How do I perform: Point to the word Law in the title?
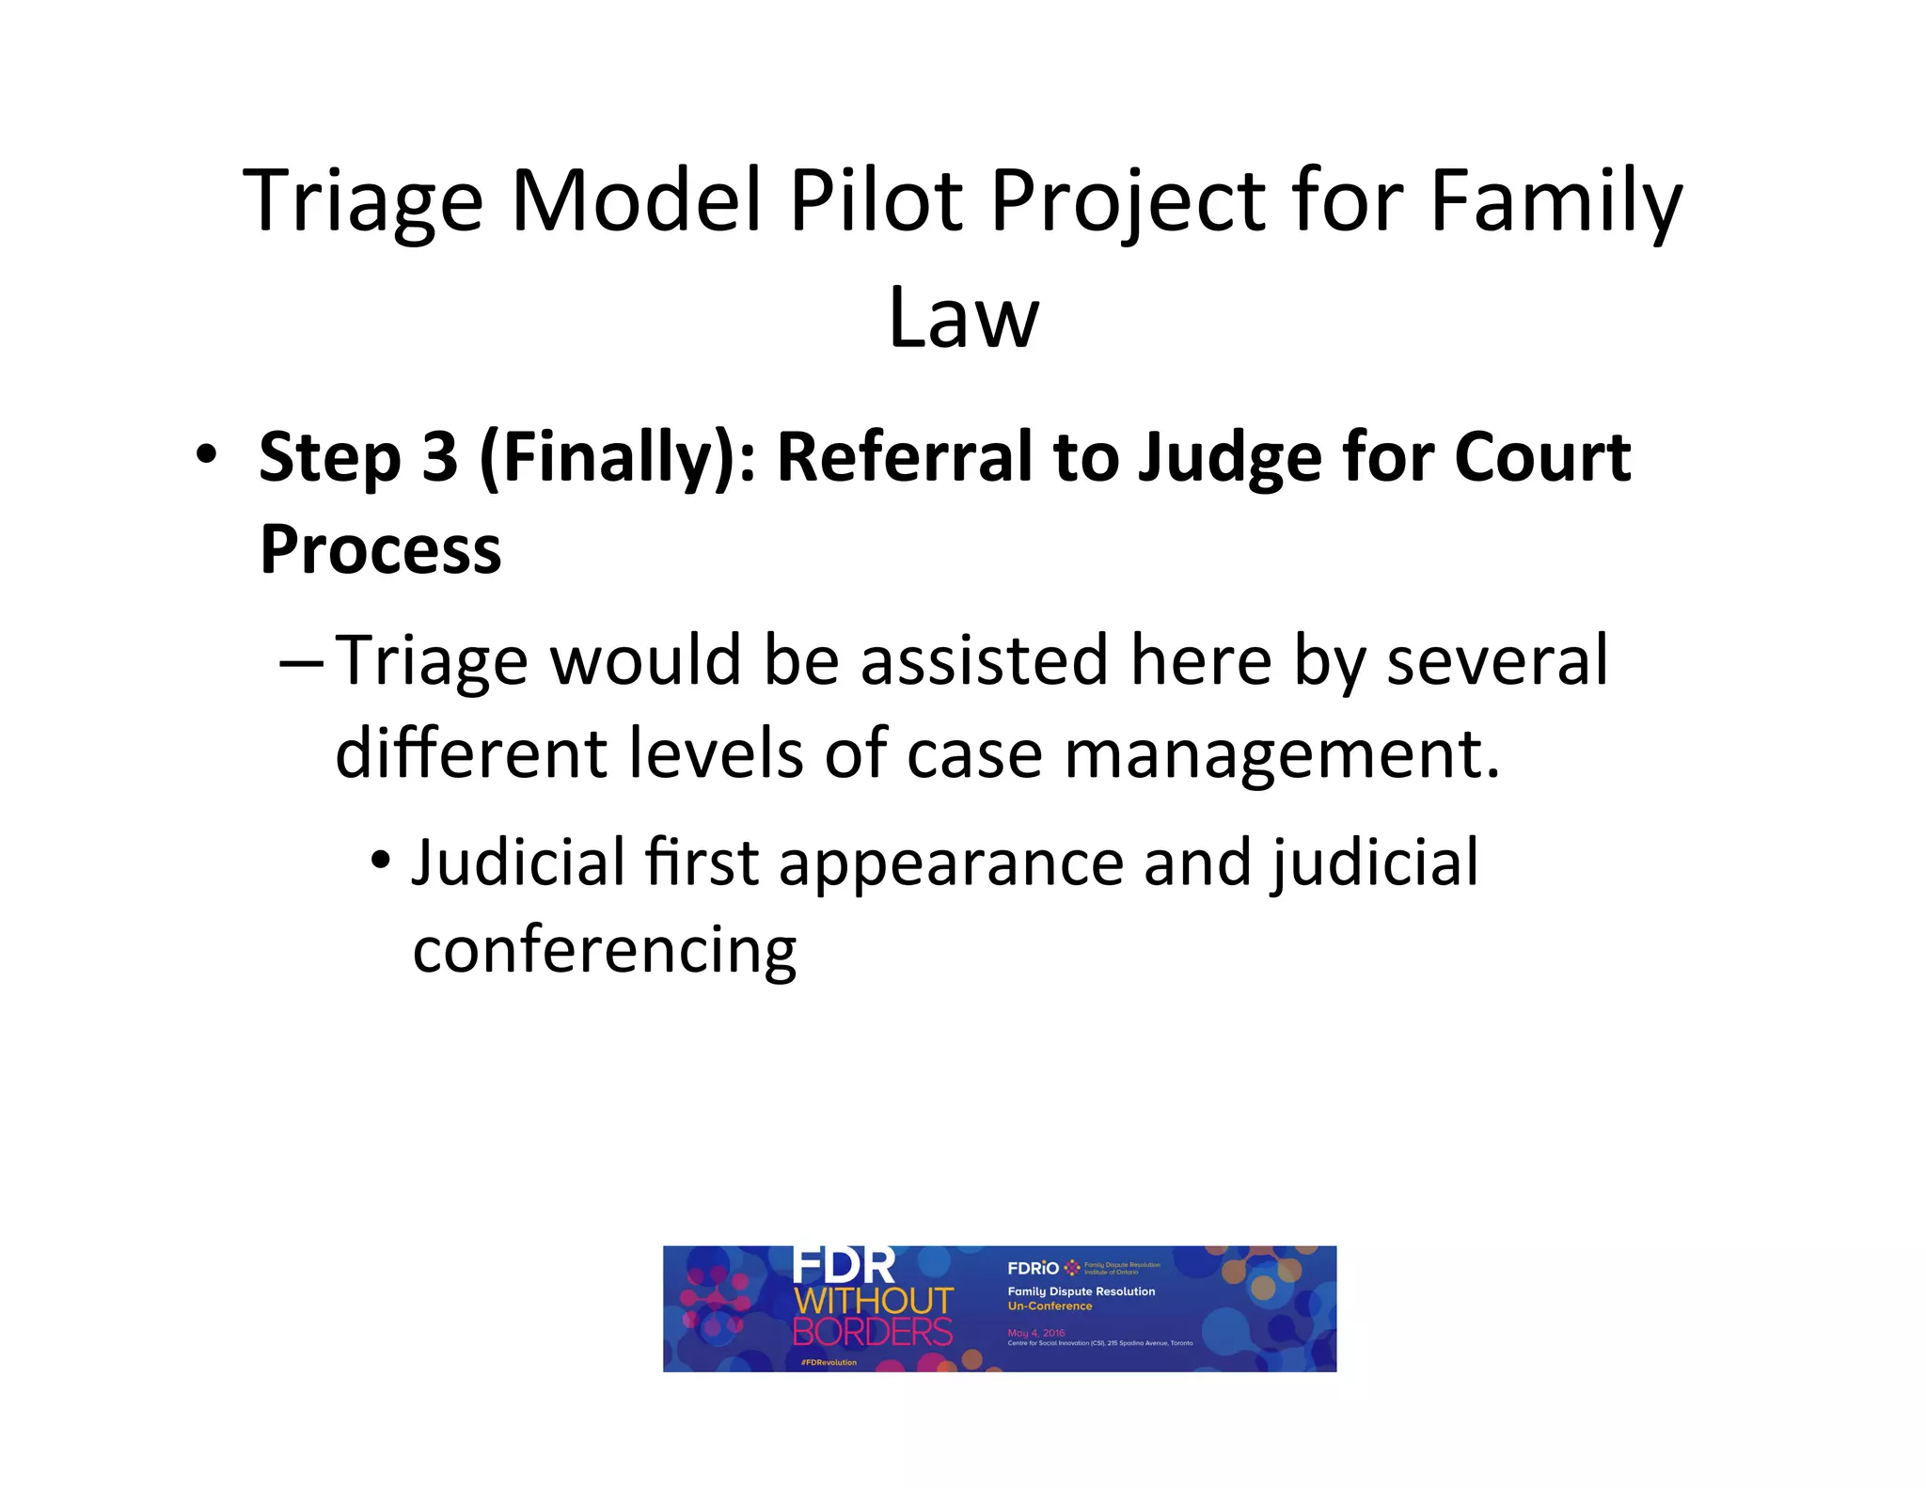[963, 318]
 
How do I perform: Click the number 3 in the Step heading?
[439, 457]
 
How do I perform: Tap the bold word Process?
[381, 550]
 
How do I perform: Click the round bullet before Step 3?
[206, 455]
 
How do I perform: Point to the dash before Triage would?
[301, 662]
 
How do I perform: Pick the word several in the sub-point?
[1497, 660]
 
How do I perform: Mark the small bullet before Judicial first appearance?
[380, 862]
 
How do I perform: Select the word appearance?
[951, 863]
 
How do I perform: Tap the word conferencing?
[605, 951]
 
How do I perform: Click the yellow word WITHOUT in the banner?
[874, 1302]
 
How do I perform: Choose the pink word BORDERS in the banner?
[873, 1332]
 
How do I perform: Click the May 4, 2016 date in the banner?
[1035, 1333]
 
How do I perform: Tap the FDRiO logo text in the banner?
[1033, 1268]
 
